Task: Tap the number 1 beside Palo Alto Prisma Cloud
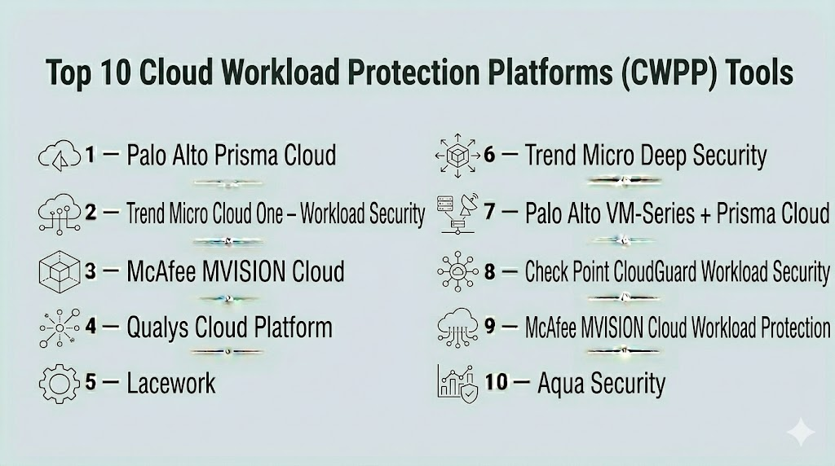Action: (90, 155)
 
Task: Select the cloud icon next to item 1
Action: (60, 156)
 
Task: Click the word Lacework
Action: (171, 383)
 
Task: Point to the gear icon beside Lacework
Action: (59, 384)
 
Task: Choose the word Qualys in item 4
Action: (157, 328)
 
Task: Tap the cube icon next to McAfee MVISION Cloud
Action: (60, 271)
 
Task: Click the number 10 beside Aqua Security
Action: (497, 382)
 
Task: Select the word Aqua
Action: (560, 384)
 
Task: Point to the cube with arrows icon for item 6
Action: (457, 156)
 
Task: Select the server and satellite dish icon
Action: (457, 213)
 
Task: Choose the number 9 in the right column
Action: (490, 326)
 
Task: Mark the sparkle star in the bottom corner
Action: (801, 432)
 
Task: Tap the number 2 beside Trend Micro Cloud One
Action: (91, 213)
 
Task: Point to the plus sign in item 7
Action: (705, 214)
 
